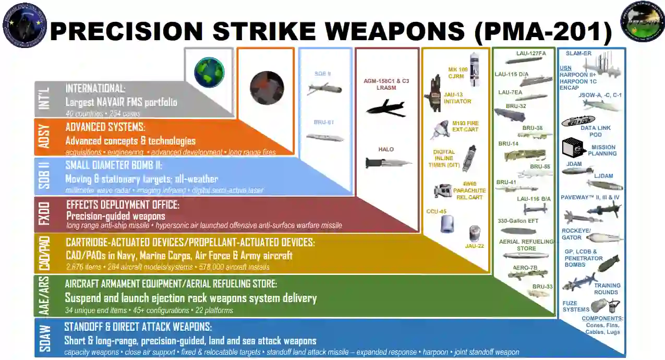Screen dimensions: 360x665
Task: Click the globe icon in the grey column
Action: tap(209, 71)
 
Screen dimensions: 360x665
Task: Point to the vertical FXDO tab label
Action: tap(45, 215)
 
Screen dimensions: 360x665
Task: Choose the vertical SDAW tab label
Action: tap(45, 338)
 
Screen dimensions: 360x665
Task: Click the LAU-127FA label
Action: tap(531, 53)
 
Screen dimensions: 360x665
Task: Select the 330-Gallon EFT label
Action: tap(518, 221)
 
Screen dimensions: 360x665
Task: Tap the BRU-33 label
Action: tap(542, 286)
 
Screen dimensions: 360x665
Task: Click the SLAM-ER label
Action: tap(578, 54)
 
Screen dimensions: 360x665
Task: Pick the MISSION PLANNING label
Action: tap(602, 150)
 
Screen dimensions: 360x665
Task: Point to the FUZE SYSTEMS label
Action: tap(576, 306)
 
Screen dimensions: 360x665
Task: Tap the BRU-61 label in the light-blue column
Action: tap(323, 122)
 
